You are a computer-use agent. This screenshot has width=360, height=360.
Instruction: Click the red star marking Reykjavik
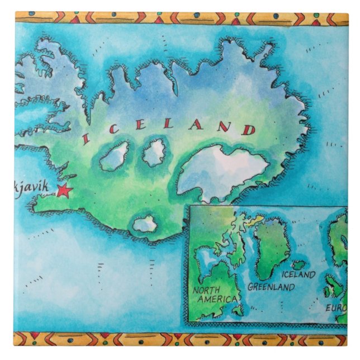point(64,191)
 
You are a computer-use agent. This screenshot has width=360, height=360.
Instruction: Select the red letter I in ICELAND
point(86,138)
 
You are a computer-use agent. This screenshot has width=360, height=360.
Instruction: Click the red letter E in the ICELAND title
point(140,125)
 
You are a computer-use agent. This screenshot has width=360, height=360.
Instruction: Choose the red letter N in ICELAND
point(222,127)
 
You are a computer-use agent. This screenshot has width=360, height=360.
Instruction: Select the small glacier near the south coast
point(145,224)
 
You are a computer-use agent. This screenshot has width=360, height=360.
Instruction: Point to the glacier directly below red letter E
point(154,152)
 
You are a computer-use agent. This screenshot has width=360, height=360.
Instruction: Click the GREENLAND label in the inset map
point(271,287)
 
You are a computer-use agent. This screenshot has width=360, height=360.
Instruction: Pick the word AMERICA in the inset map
point(216,300)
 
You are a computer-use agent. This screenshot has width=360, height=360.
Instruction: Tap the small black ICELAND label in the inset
point(298,275)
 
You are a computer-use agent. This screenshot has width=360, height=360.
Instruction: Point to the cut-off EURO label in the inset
point(336,307)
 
